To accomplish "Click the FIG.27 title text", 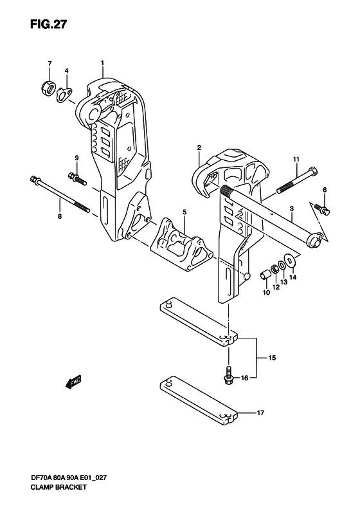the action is click(x=48, y=24).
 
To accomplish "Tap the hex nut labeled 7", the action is click(x=48, y=88).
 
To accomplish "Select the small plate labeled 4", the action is click(x=64, y=94).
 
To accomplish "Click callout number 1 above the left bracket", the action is click(x=102, y=62).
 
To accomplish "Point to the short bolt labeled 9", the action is click(x=77, y=178).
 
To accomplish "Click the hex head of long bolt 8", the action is click(x=34, y=179).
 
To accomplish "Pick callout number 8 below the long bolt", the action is click(x=60, y=216).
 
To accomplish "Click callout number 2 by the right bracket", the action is click(x=199, y=148).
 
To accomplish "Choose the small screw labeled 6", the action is click(x=322, y=208).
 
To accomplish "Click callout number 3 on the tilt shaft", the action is click(x=292, y=208).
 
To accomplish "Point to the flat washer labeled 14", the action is click(x=290, y=260).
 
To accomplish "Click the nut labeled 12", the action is click(x=274, y=270).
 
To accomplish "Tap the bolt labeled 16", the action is click(x=228, y=376).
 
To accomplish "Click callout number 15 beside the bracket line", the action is click(x=272, y=358).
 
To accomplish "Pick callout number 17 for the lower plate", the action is click(x=260, y=413).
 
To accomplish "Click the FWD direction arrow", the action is click(x=74, y=382).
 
